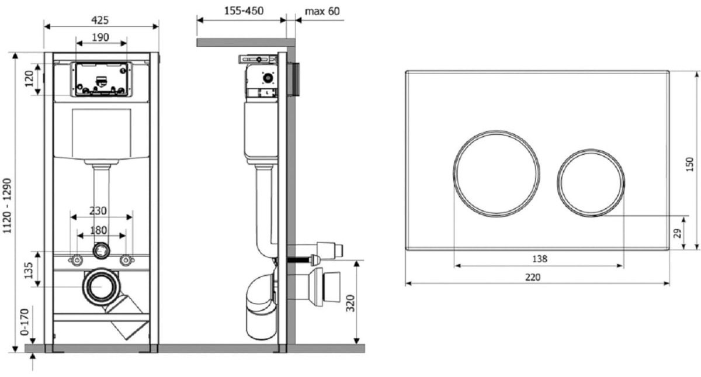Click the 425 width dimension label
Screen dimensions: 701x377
[100, 20]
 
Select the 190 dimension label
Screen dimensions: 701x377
[100, 37]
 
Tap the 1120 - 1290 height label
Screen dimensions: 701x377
[7, 206]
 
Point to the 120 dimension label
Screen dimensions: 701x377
[29, 79]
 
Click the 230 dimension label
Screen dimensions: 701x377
[98, 211]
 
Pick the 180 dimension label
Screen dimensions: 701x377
[99, 230]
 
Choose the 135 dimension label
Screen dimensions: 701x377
[28, 271]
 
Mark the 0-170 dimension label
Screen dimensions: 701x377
[25, 322]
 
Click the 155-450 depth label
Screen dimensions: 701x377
[244, 11]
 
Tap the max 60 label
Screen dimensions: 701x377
[322, 11]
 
